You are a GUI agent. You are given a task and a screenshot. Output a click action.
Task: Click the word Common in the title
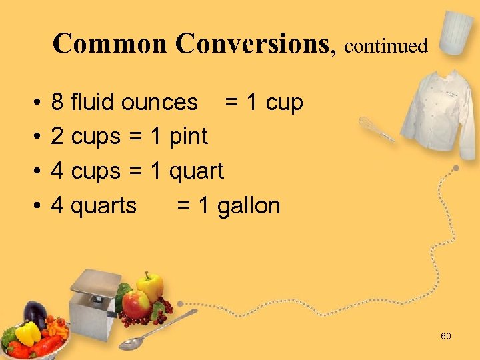click(x=109, y=44)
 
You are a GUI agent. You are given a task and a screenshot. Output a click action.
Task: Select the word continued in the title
click(x=386, y=46)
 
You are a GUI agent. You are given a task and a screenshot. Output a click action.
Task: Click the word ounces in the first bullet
click(x=165, y=103)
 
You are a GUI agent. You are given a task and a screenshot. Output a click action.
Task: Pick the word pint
click(x=189, y=137)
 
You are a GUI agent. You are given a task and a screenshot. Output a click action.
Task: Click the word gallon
click(x=249, y=206)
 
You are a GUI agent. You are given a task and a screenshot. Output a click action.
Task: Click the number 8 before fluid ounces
click(x=57, y=103)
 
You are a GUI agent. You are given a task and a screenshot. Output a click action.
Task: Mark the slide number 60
click(x=445, y=336)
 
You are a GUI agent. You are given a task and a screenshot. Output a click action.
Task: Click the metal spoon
click(x=157, y=330)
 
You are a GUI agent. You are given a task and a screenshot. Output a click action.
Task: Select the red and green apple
click(x=137, y=303)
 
